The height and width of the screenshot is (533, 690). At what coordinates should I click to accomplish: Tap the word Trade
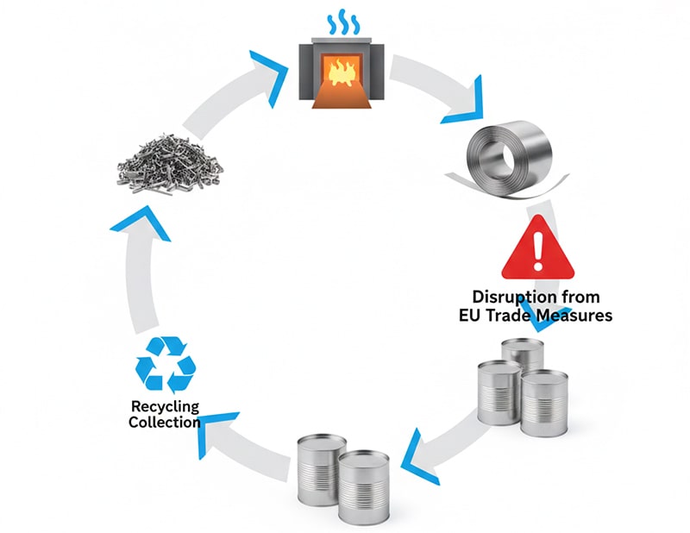513,316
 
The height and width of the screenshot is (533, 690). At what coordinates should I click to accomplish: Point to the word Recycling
165,406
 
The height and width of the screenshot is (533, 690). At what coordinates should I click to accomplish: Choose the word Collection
165,423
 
